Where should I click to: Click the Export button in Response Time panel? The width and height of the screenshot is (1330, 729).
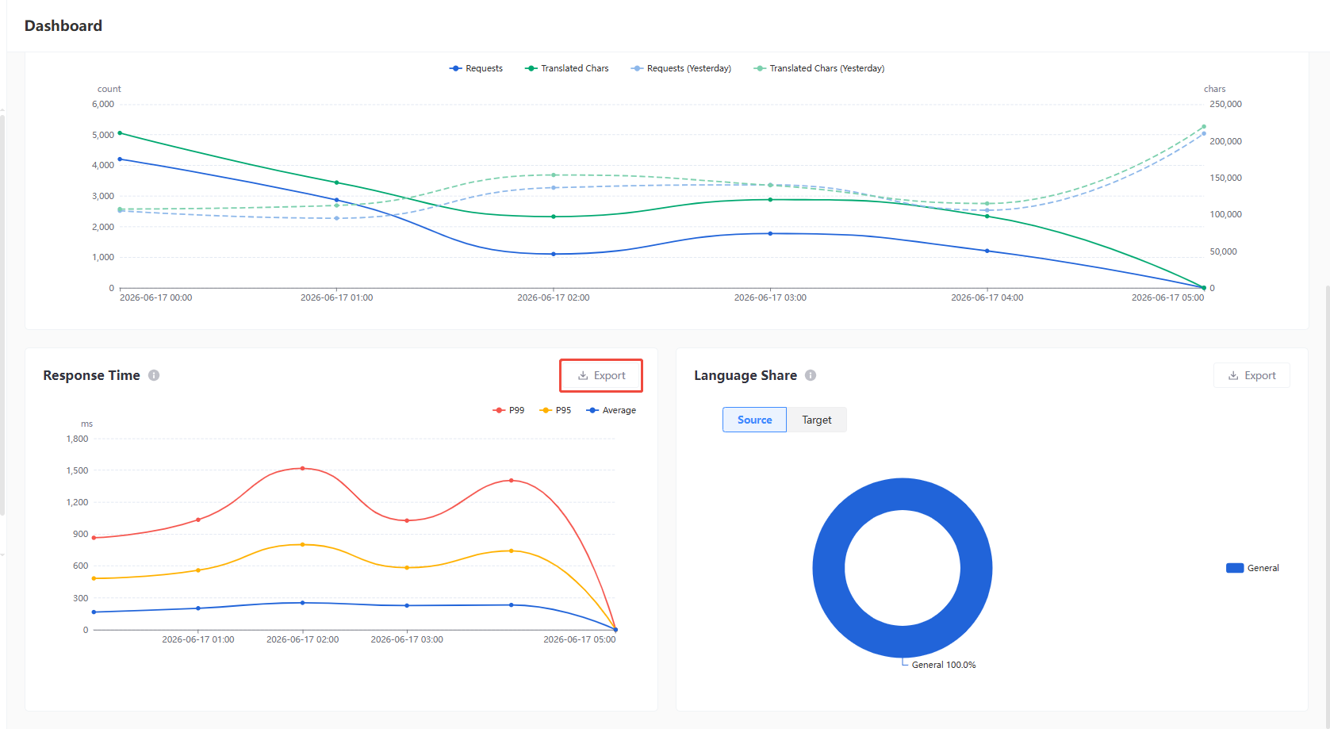click(601, 375)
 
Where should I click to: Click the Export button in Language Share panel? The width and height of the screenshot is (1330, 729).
click(1251, 375)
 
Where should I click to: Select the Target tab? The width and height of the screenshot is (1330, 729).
click(816, 420)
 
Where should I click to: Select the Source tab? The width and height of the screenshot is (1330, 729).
click(755, 420)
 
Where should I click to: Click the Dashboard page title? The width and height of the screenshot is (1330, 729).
click(63, 25)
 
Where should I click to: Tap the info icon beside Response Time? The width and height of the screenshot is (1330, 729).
click(154, 375)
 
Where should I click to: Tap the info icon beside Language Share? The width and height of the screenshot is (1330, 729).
click(811, 375)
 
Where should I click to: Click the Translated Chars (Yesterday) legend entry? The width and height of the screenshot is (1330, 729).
click(819, 68)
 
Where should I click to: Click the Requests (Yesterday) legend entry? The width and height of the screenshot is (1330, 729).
click(681, 68)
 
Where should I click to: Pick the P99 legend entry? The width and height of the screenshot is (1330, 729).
click(509, 410)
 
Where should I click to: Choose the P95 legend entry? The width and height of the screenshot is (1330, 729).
click(555, 410)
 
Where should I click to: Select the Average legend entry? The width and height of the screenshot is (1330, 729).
click(611, 410)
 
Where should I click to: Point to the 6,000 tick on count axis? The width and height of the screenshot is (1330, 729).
click(103, 104)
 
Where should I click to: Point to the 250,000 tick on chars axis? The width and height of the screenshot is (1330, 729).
click(1225, 104)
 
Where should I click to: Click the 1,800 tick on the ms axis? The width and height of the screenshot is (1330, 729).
click(77, 439)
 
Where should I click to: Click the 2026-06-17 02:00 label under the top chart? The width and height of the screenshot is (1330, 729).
click(554, 297)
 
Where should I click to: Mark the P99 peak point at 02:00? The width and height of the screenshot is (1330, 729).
click(303, 468)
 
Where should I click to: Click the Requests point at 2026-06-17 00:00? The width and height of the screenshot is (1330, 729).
click(120, 159)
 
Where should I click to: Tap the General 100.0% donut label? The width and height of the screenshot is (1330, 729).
click(944, 665)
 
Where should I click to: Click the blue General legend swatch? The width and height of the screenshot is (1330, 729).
click(1235, 568)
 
